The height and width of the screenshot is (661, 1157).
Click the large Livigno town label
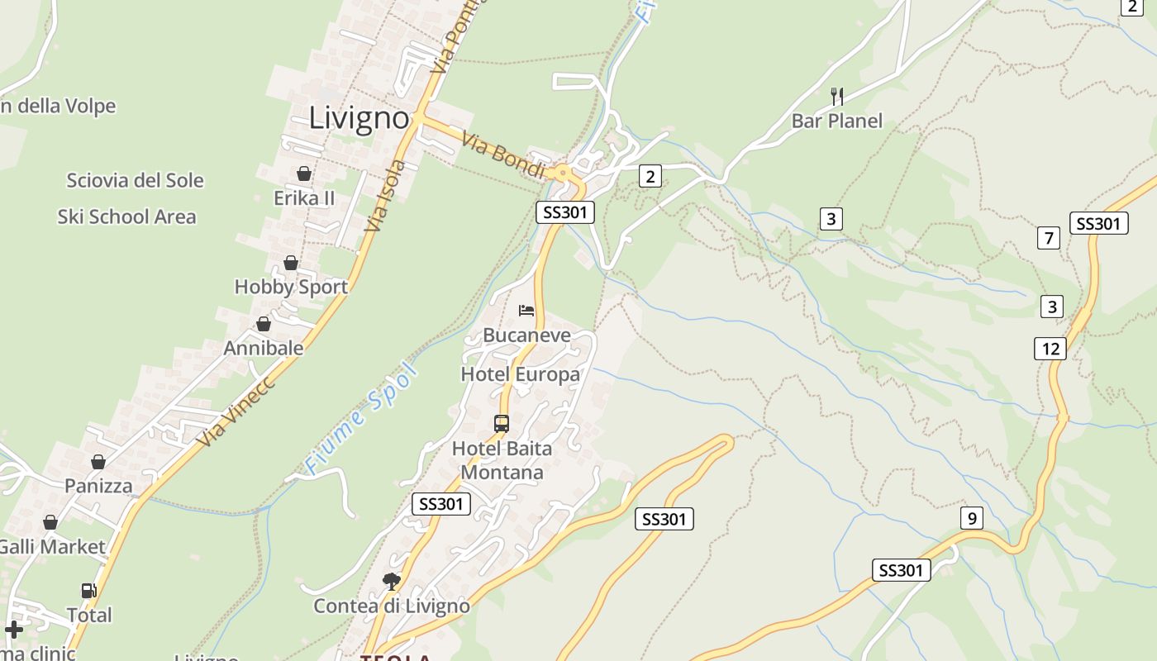[x=359, y=118]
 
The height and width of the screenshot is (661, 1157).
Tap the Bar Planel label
[x=836, y=121]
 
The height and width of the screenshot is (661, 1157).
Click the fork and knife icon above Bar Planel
[x=837, y=97]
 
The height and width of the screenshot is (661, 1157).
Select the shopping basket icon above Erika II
[x=304, y=174]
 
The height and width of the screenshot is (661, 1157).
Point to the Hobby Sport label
[x=291, y=287]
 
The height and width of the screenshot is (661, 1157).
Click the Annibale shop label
[x=264, y=348]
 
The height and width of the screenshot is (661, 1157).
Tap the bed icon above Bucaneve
[x=526, y=311]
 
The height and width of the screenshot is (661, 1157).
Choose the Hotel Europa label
[x=520, y=374]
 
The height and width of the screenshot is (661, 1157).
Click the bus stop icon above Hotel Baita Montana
[x=502, y=424]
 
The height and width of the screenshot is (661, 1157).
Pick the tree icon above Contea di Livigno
[x=391, y=582]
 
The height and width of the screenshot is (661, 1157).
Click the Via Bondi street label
[x=503, y=155]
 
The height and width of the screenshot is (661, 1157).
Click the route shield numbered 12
[x=1050, y=348]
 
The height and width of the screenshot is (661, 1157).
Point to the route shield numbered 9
[x=972, y=519]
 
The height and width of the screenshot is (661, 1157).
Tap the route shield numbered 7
[x=1049, y=239]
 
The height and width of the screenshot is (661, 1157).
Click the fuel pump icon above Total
[x=88, y=591]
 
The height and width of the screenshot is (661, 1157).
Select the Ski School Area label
[x=126, y=217]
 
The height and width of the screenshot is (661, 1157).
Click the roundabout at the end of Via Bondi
[x=564, y=174]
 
